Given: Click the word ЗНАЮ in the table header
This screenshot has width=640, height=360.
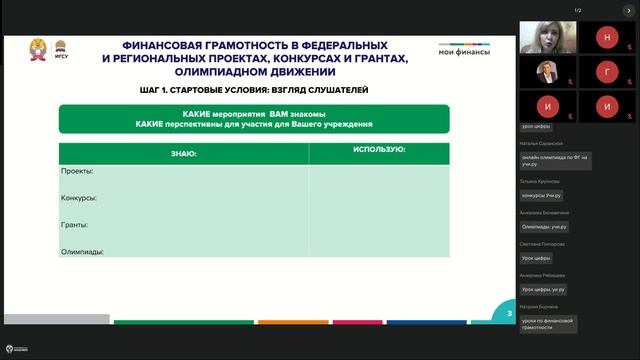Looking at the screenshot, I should (183, 153).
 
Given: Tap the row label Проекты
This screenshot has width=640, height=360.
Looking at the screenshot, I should (78, 171).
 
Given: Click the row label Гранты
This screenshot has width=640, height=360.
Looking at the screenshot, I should (76, 225).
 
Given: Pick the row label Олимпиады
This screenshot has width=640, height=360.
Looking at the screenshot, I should (83, 252).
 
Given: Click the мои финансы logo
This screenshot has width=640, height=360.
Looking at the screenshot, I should (464, 49).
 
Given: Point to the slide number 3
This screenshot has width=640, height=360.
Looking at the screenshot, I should (509, 314).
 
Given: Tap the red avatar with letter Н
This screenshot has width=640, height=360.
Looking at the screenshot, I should (607, 37).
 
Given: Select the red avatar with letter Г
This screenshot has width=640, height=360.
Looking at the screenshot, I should (607, 72).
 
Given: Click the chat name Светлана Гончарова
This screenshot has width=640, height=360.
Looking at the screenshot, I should (543, 243).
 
